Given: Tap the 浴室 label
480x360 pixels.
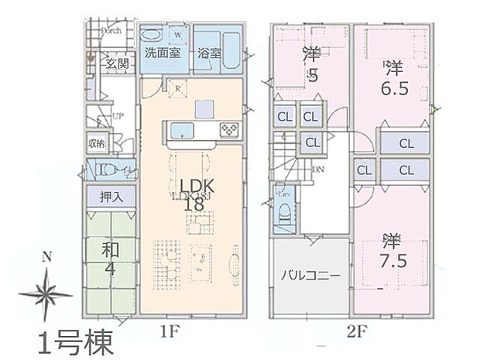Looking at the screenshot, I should point(208,54).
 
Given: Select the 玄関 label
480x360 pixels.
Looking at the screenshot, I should point(118,64).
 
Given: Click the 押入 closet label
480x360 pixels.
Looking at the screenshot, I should point(111,197).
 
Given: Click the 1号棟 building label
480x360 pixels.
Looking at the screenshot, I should point(76,341).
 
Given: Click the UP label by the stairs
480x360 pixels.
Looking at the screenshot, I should point(118,116).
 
